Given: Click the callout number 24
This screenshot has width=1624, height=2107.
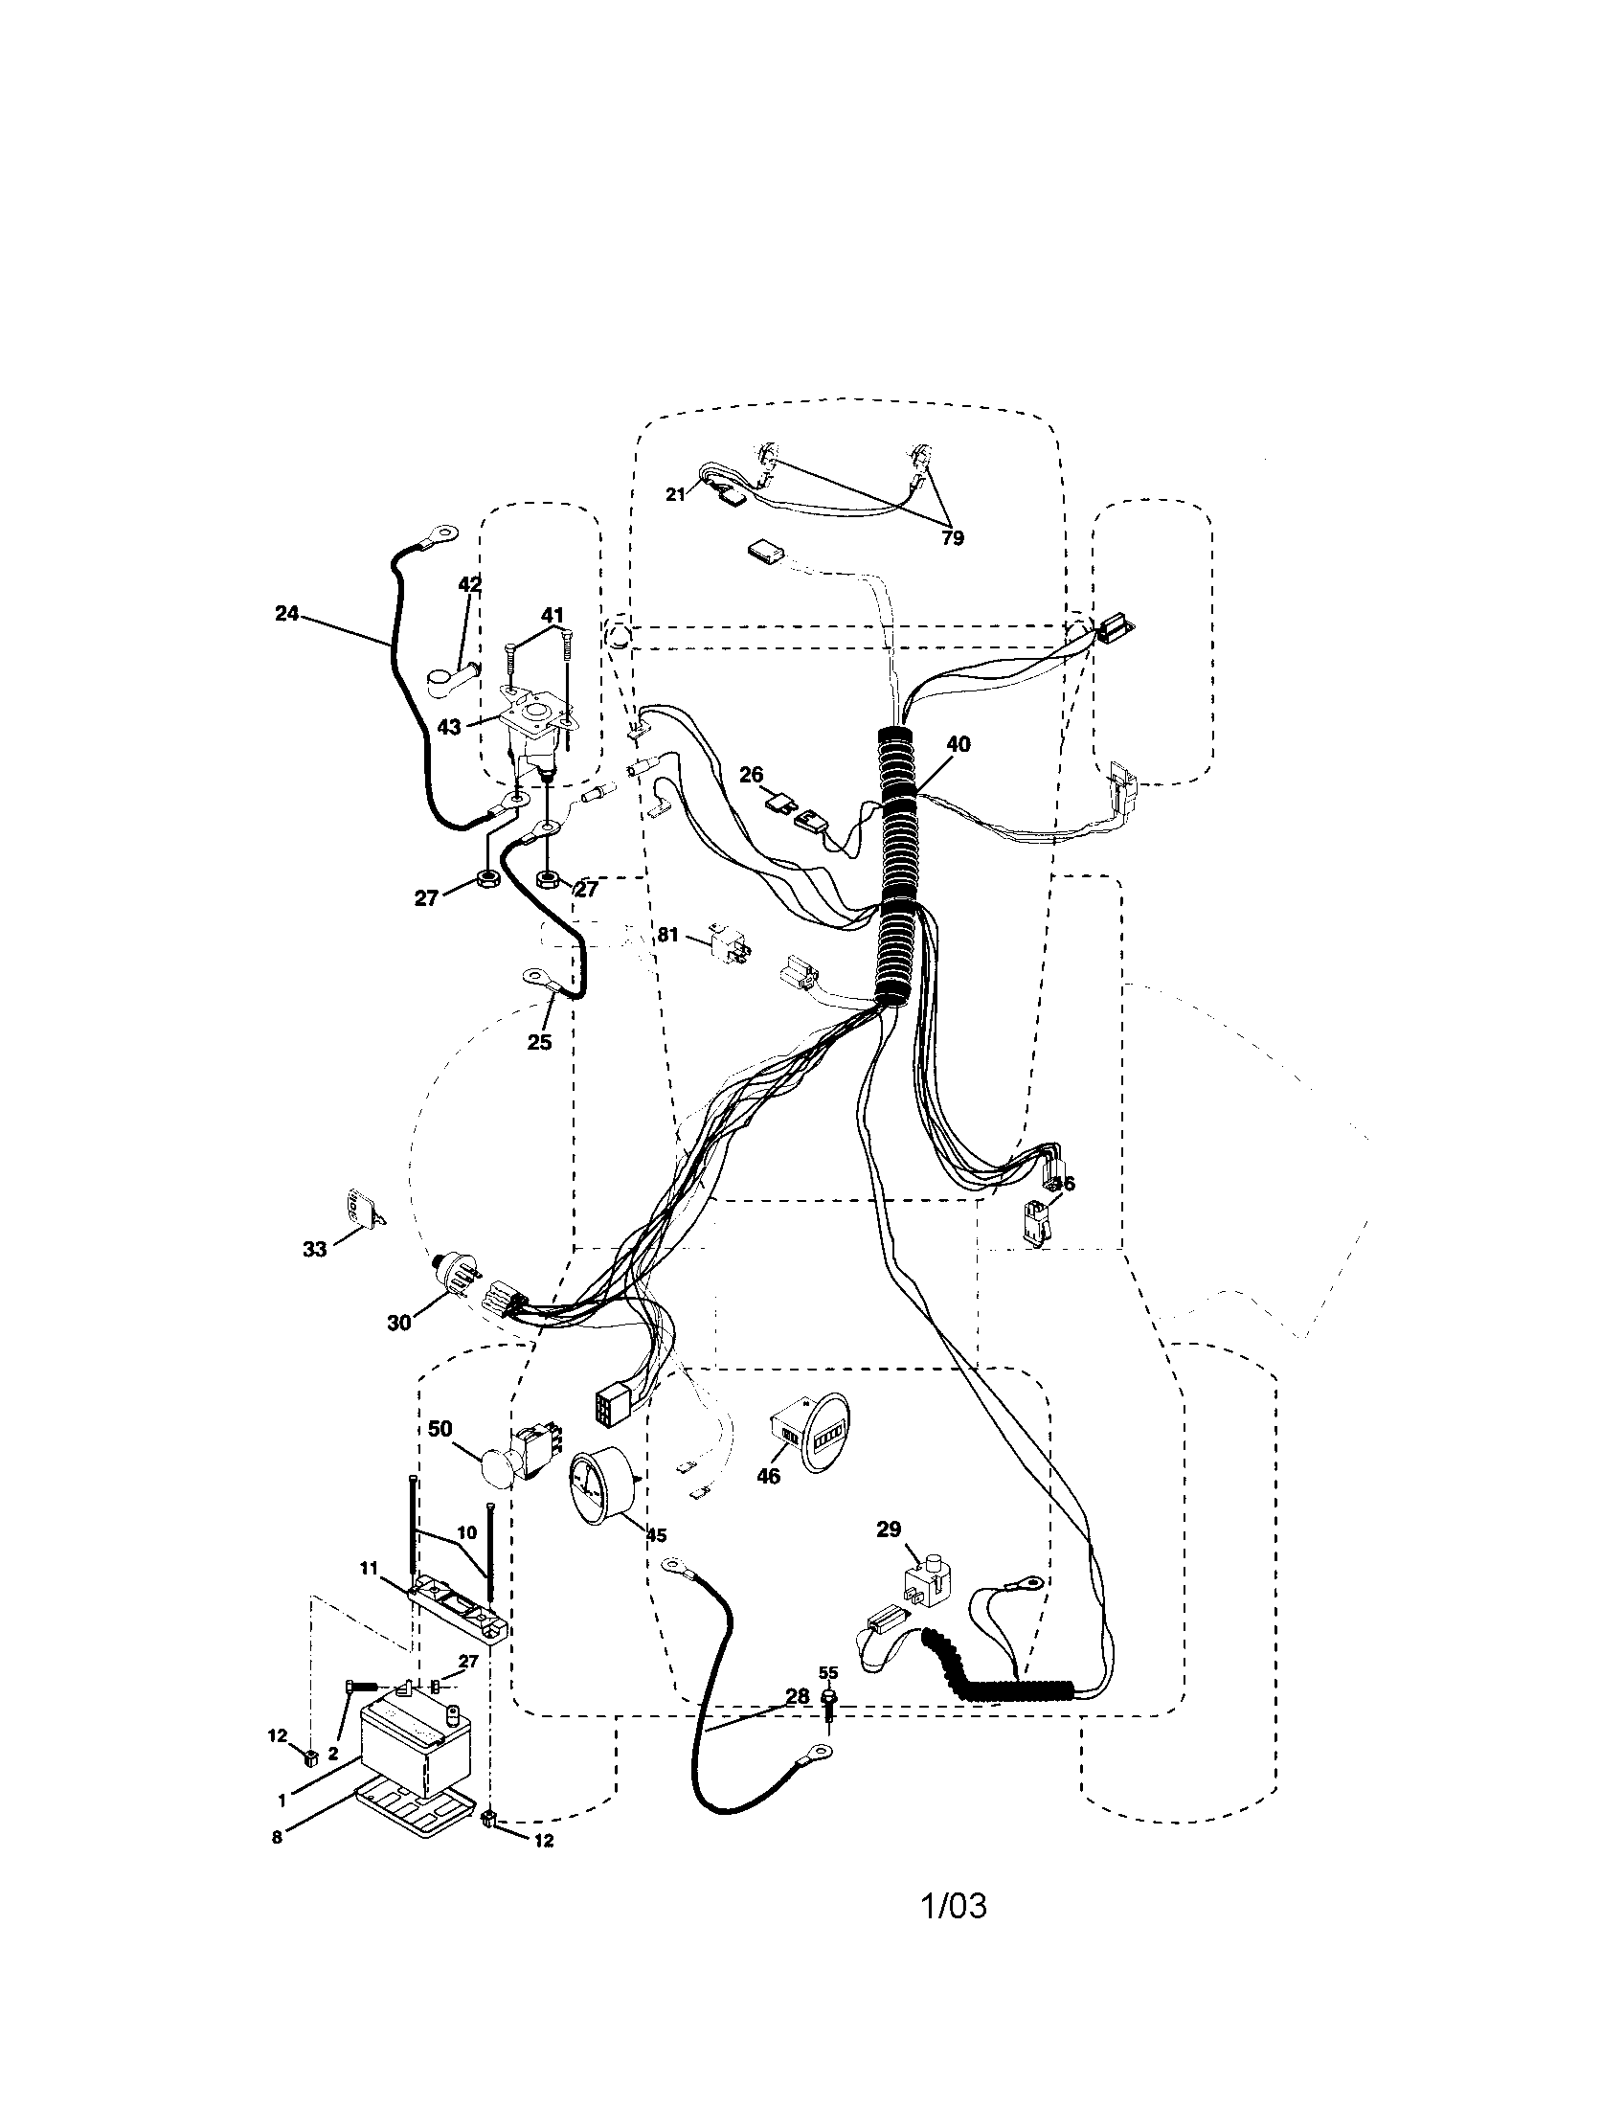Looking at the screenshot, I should pyautogui.click(x=286, y=613).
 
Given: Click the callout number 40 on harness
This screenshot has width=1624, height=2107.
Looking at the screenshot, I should pyautogui.click(x=958, y=744).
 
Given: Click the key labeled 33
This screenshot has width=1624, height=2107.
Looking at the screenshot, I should pyautogui.click(x=359, y=1211).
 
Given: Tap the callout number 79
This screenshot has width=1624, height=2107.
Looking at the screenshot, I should pyautogui.click(x=952, y=538).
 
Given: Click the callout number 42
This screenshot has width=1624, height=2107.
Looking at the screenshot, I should pyautogui.click(x=469, y=584).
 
